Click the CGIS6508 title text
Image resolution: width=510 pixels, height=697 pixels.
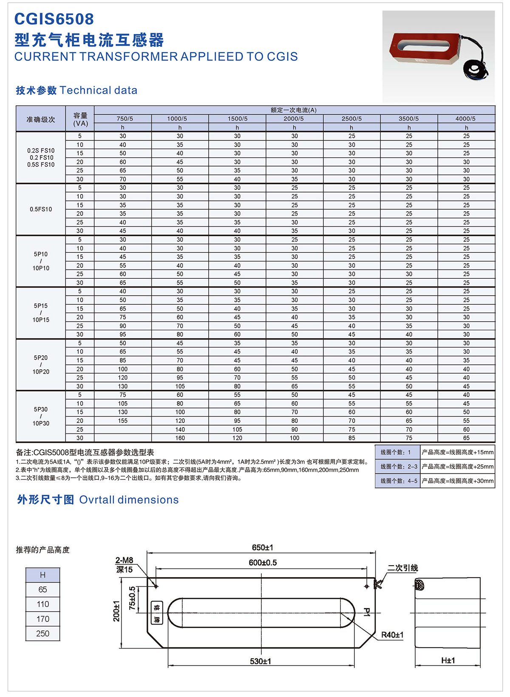coord(54,19)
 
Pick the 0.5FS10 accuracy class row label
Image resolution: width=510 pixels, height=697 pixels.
coord(41,209)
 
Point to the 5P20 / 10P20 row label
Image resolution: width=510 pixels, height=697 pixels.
coord(41,365)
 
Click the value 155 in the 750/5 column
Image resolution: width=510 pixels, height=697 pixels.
coord(123,421)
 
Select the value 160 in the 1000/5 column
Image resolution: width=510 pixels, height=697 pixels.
coord(180,438)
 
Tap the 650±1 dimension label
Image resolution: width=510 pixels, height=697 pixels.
coord(262,547)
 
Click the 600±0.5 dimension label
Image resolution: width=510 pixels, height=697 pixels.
coord(263,563)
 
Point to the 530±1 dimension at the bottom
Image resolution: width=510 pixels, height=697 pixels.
coord(260,661)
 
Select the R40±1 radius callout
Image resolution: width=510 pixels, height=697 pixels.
coord(392,635)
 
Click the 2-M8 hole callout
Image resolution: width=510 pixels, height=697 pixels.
coord(124,561)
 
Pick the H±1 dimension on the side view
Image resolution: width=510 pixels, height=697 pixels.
coord(448,660)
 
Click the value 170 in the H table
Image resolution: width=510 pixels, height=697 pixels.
coord(42,619)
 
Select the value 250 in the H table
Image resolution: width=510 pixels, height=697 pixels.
coord(42,633)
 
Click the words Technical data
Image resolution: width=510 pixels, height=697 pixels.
coord(99,90)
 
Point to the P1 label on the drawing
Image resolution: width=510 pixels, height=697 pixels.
coord(367,612)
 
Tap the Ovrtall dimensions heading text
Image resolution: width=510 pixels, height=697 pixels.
coord(129,500)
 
